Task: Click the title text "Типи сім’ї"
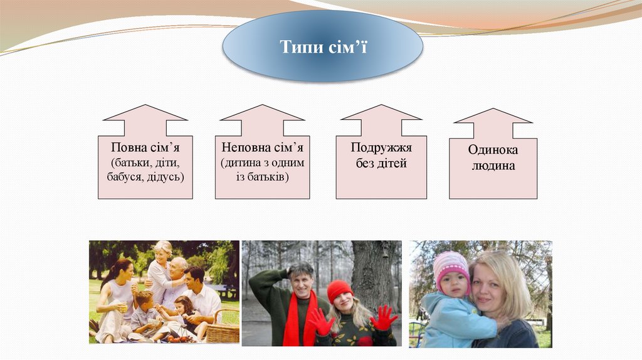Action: [323, 46]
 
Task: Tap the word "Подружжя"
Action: [381, 149]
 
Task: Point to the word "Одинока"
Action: [493, 151]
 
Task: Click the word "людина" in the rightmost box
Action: [493, 166]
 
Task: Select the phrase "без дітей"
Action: [381, 164]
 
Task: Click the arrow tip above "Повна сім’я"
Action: [145, 106]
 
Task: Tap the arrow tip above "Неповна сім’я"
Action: [262, 106]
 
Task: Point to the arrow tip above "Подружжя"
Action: [381, 106]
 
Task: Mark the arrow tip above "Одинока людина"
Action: [493, 110]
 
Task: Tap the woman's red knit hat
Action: [340, 289]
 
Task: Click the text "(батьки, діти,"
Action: [145, 163]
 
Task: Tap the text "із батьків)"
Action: [262, 177]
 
